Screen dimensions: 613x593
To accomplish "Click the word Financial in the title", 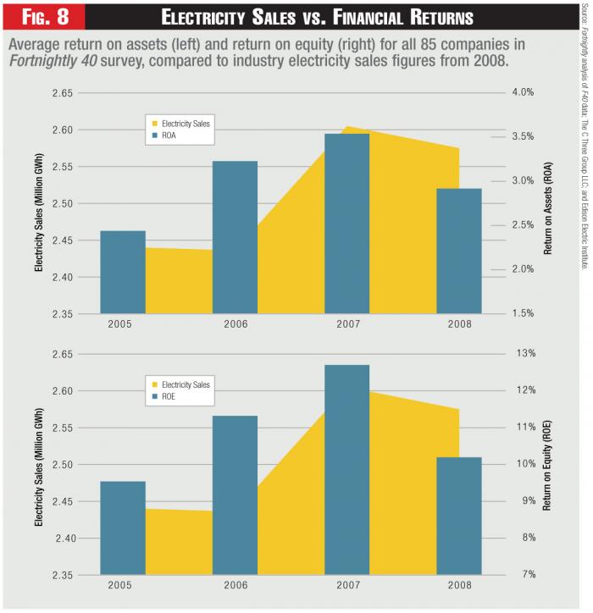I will coord(378,18).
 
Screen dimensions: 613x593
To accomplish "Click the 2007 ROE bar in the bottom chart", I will coord(346,470).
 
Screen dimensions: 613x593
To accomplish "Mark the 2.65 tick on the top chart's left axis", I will coord(61,93).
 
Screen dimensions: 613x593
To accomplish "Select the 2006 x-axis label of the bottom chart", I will coord(235,584).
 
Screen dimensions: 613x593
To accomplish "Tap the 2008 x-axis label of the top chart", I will coord(458,323).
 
